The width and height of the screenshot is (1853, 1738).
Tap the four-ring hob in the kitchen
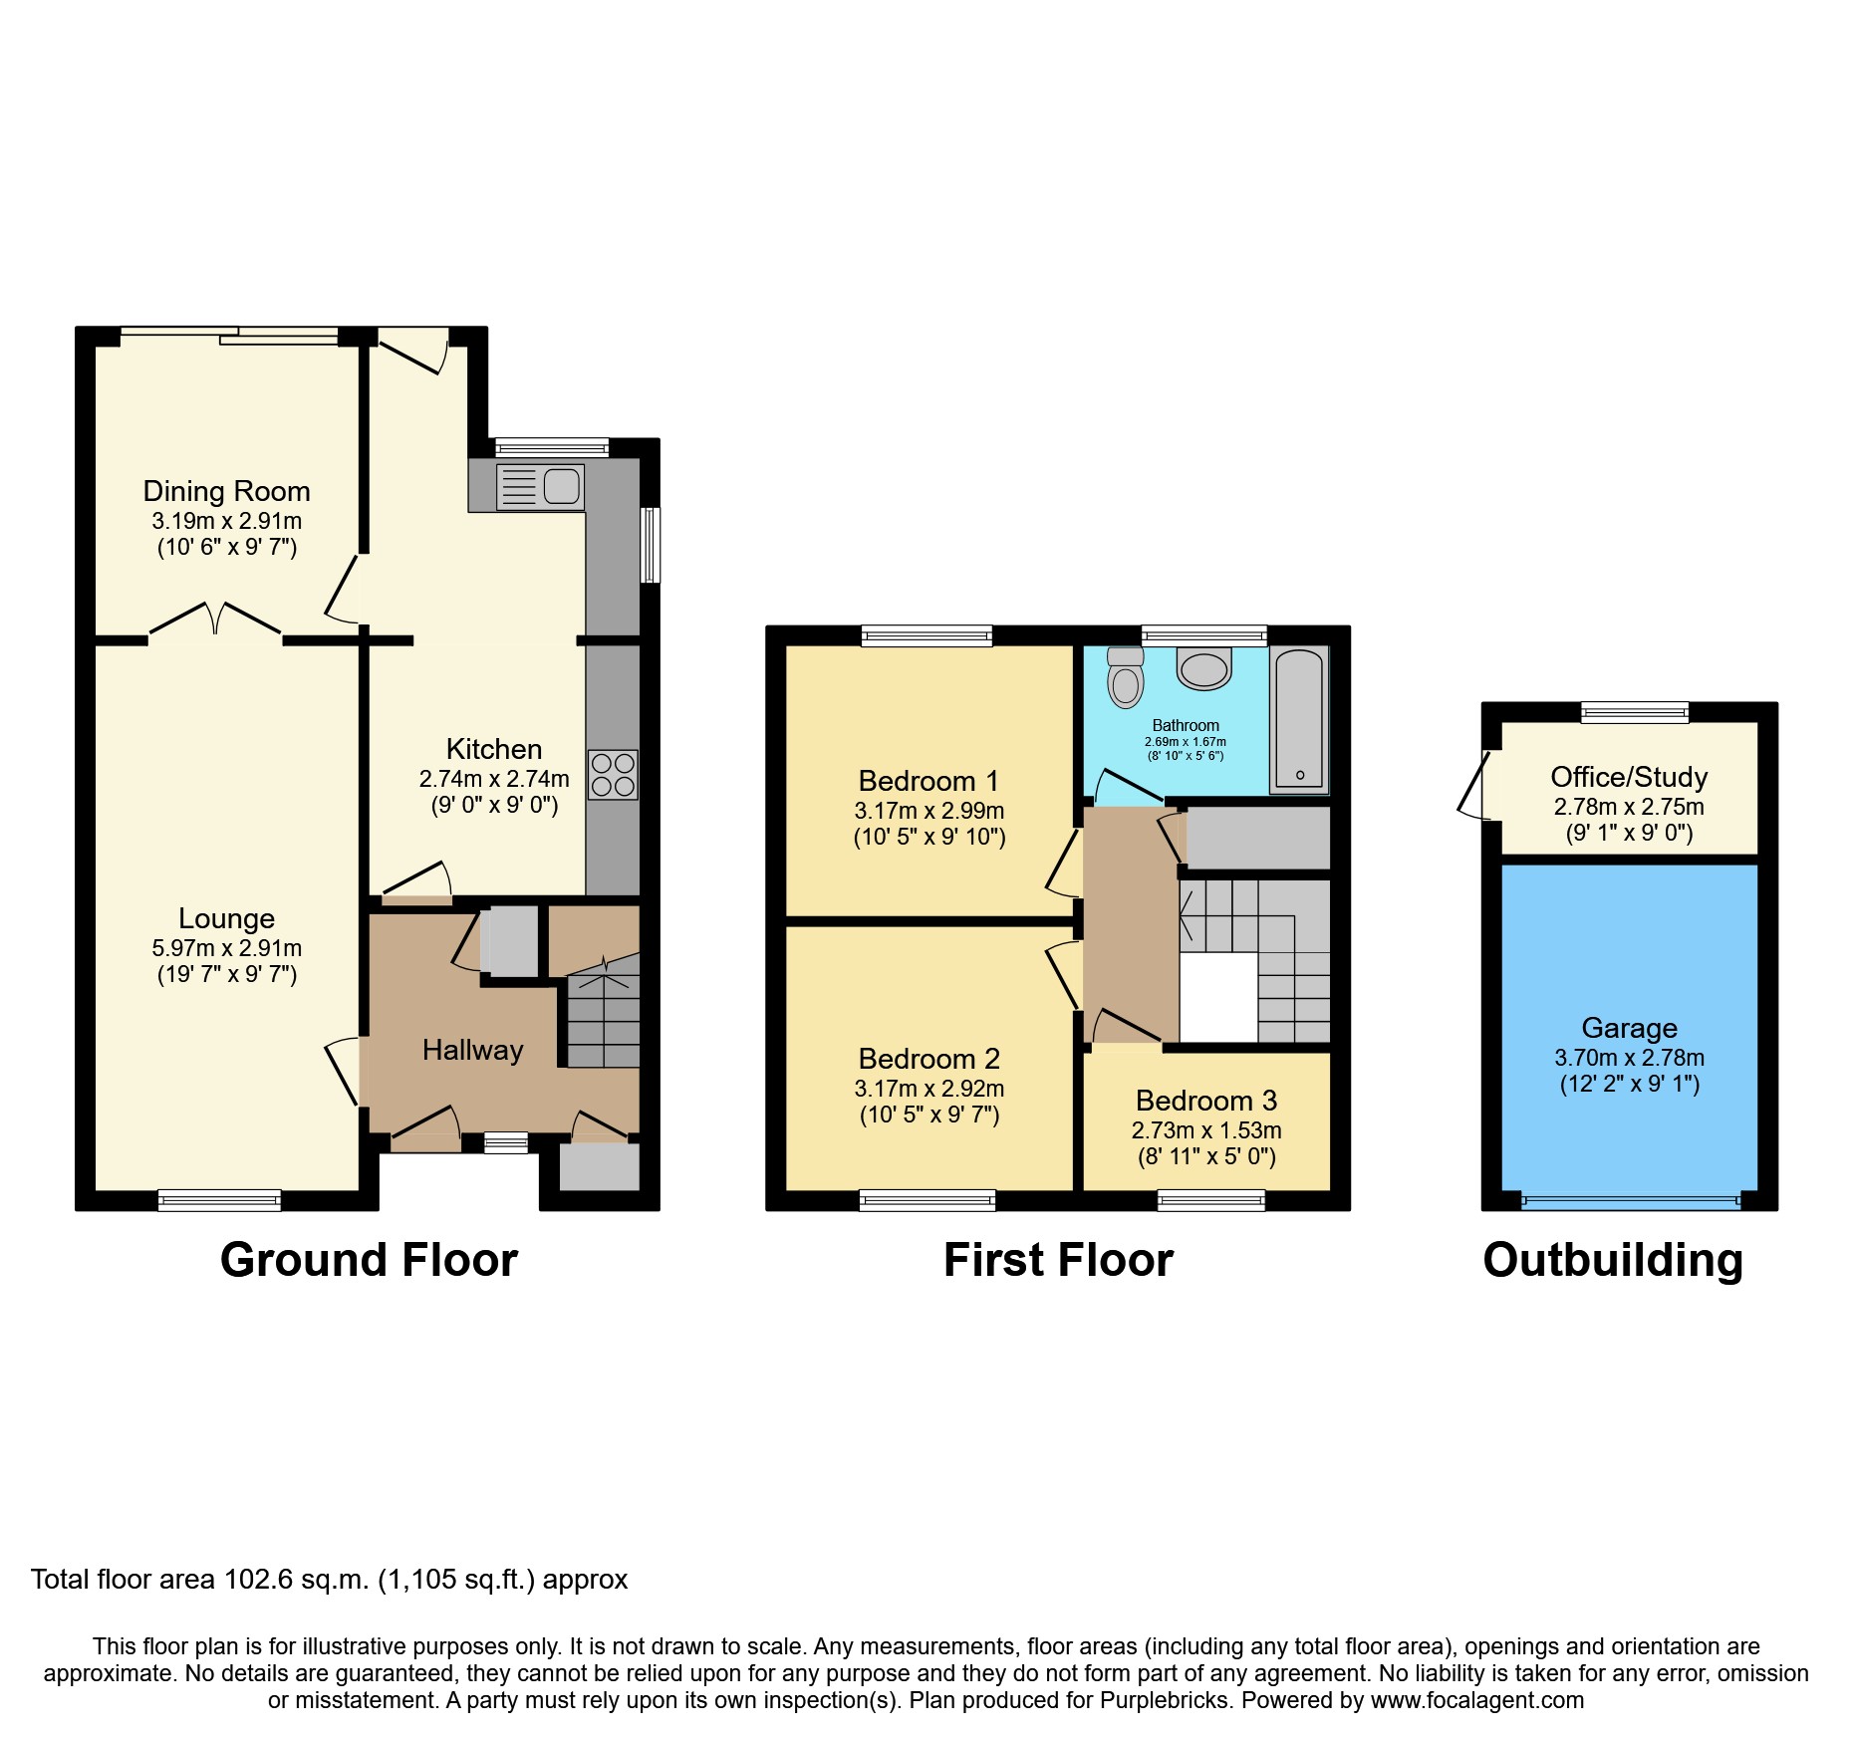[x=613, y=775]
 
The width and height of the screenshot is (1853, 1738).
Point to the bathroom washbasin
[x=1203, y=668]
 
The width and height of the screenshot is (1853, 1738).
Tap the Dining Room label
[x=226, y=491]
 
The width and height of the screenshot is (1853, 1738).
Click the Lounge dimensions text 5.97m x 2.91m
[x=226, y=948]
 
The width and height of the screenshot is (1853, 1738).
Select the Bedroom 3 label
[x=1205, y=1101]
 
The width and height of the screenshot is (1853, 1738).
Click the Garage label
[x=1629, y=1028]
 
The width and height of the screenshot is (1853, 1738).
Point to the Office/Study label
[x=1629, y=777]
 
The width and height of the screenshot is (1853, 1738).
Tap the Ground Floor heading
[x=369, y=1260]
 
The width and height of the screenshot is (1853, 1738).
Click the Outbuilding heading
[x=1613, y=1260]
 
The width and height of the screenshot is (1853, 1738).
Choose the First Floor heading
[x=1058, y=1260]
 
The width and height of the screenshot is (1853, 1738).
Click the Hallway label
[x=472, y=1050]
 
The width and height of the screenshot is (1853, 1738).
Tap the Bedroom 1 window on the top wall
[x=926, y=635]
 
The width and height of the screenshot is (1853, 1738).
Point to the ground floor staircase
[x=604, y=1016]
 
